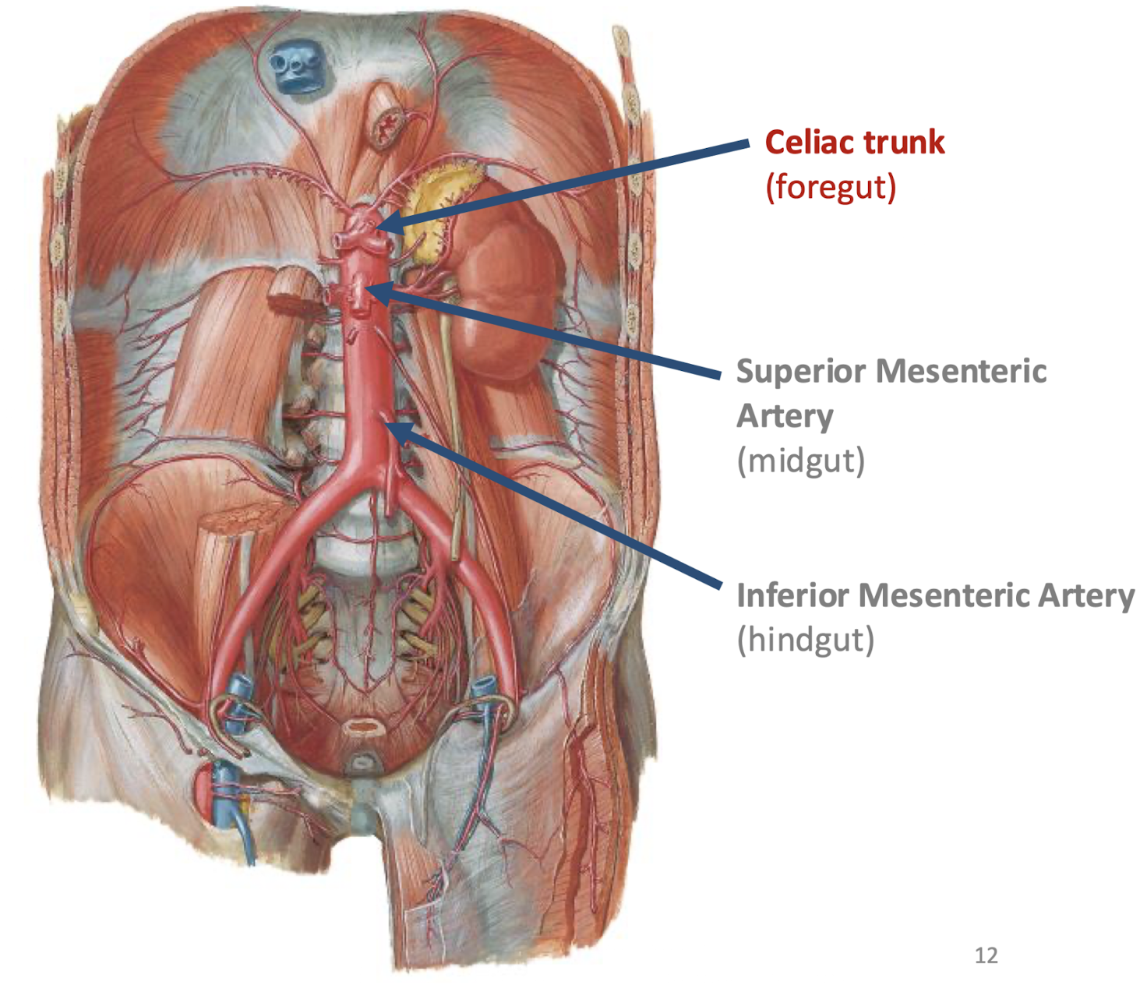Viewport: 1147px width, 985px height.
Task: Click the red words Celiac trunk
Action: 854,143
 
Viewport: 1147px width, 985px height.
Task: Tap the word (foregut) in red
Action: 831,187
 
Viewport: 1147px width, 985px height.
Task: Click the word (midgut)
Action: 800,461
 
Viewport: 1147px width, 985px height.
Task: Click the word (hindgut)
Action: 806,640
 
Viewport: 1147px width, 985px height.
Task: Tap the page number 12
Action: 986,955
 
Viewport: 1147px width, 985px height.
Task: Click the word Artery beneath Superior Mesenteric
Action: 784,416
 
